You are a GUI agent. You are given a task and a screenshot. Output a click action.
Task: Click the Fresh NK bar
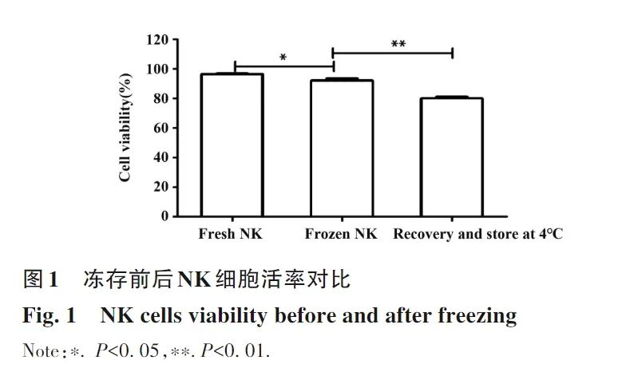pyautogui.click(x=232, y=144)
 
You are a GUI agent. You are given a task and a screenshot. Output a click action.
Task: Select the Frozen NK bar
pyautogui.click(x=342, y=148)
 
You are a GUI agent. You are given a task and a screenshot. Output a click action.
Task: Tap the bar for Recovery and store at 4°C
pyautogui.click(x=452, y=156)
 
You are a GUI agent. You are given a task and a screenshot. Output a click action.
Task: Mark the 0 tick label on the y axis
pyautogui.click(x=164, y=216)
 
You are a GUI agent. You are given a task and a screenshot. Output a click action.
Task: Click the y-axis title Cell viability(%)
pyautogui.click(x=125, y=128)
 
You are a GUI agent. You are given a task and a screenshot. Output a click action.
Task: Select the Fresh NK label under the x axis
pyautogui.click(x=231, y=235)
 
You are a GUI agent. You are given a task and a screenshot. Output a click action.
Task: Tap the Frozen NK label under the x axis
pyautogui.click(x=341, y=235)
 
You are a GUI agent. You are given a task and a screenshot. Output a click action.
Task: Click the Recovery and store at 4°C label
pyautogui.click(x=477, y=235)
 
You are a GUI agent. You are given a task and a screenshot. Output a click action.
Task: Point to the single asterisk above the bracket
pyautogui.click(x=283, y=57)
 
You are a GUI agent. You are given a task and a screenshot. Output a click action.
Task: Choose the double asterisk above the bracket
pyautogui.click(x=398, y=44)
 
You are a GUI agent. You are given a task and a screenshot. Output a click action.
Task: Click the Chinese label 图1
pyautogui.click(x=41, y=280)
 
